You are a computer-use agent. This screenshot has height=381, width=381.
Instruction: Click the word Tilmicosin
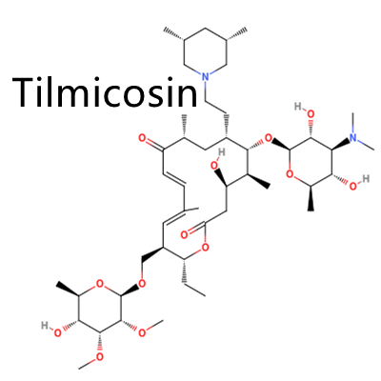point(105,91)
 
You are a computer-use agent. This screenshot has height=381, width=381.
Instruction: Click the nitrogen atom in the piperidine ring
point(206,77)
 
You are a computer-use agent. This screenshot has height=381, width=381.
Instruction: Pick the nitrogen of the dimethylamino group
point(353,138)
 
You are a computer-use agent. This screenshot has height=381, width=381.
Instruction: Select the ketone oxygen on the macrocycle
point(142,138)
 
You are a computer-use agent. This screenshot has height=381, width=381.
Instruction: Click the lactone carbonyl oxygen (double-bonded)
point(184,235)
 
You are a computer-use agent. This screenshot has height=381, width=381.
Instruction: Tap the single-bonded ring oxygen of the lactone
point(206,247)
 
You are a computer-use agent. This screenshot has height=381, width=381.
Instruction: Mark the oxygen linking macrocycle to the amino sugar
point(269,138)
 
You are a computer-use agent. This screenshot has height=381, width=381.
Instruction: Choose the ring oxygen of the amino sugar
point(290,173)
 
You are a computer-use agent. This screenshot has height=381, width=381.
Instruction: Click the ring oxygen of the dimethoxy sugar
point(100,283)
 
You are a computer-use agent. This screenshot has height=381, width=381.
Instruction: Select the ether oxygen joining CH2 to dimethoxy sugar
point(142,283)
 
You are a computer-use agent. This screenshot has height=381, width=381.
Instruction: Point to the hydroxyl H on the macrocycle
point(221,152)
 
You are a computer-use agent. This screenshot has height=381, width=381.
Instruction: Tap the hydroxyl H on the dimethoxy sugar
point(45,326)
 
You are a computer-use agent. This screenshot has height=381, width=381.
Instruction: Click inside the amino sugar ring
point(311,162)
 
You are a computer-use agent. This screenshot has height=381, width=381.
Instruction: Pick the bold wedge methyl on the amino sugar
point(311,198)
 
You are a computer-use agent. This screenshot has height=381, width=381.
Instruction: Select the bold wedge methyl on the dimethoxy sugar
point(68,289)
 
